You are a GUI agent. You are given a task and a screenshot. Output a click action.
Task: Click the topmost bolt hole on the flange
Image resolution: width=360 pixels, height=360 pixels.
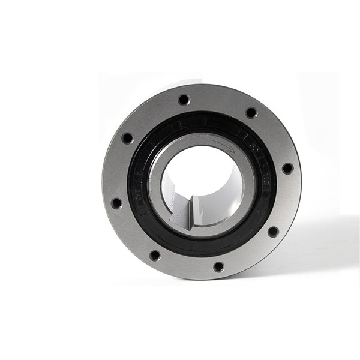[x=184, y=100]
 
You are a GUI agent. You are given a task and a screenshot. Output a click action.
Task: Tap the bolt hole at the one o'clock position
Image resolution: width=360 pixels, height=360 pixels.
[x=251, y=112]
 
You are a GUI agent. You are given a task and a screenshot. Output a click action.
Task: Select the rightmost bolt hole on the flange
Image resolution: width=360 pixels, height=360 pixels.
[x=287, y=169]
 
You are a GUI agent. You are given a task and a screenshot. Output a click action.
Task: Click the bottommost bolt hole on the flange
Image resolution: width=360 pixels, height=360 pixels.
[x=218, y=266]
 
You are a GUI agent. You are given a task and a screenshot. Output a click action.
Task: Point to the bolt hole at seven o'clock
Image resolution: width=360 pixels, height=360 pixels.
[x=155, y=255]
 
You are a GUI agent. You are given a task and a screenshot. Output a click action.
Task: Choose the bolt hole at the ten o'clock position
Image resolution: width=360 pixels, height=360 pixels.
[x=127, y=138]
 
